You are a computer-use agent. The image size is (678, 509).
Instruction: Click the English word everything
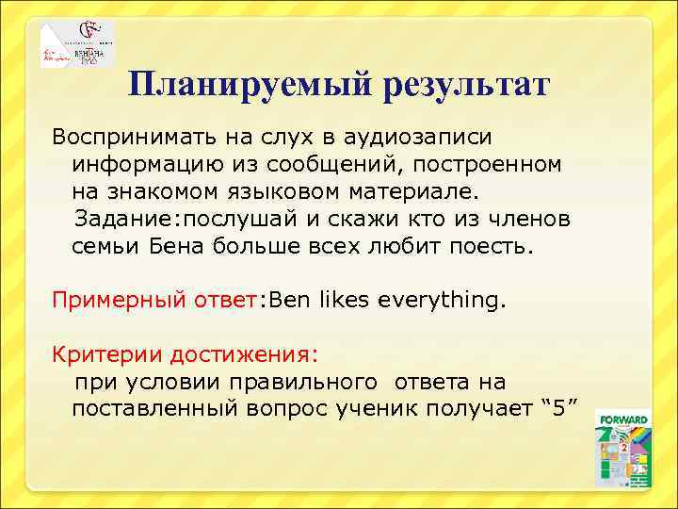443,301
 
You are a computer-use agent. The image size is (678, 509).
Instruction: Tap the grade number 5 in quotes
561,410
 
